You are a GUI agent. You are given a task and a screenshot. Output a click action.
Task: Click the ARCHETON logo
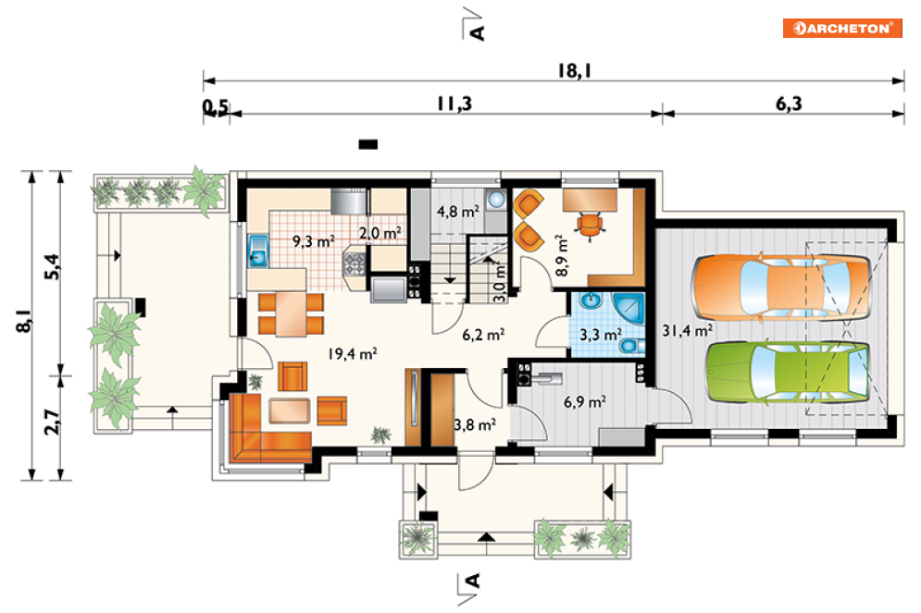click(x=842, y=28)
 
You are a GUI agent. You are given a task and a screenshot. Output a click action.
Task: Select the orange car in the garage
click(x=781, y=288)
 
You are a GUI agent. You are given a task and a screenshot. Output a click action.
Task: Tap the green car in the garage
click(x=788, y=372)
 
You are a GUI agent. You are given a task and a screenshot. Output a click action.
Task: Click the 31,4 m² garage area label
click(x=687, y=331)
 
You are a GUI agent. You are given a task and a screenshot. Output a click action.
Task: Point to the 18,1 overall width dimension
click(x=575, y=71)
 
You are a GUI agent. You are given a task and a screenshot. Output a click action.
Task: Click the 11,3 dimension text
click(x=454, y=104)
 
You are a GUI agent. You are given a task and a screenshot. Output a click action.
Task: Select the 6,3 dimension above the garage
click(x=789, y=104)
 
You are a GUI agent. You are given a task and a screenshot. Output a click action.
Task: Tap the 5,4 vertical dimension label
click(x=52, y=266)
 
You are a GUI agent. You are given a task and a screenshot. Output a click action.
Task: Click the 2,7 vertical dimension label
click(x=52, y=422)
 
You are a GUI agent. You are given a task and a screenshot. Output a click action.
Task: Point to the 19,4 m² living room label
click(x=353, y=354)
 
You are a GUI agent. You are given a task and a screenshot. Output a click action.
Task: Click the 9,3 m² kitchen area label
click(x=314, y=241)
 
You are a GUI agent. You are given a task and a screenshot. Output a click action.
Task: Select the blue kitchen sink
click(x=258, y=251)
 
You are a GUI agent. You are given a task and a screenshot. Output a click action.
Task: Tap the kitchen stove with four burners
click(x=355, y=264)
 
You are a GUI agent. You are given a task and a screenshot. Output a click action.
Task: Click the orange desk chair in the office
click(x=589, y=226)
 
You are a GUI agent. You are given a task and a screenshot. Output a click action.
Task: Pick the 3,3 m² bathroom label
click(x=601, y=335)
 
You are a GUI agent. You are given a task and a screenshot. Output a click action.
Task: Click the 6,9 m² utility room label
click(x=584, y=402)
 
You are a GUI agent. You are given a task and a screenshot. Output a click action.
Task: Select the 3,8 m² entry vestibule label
click(x=475, y=424)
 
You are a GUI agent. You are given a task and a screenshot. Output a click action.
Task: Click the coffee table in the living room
click(x=289, y=411)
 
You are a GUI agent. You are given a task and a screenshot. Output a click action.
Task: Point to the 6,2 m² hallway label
click(x=483, y=335)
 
